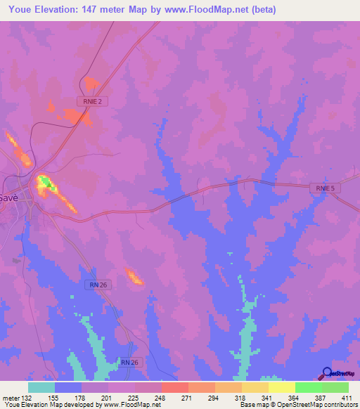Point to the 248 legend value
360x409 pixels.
pyautogui.click(x=161, y=398)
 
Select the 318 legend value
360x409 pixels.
pyautogui.click(x=240, y=398)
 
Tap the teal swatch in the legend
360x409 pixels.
pyautogui.click(x=41, y=387)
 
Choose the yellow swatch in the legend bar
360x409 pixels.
pyautogui.click(x=281, y=387)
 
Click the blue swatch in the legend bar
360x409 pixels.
pyautogui.click(x=68, y=387)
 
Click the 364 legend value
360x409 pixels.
pyautogui.click(x=293, y=398)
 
